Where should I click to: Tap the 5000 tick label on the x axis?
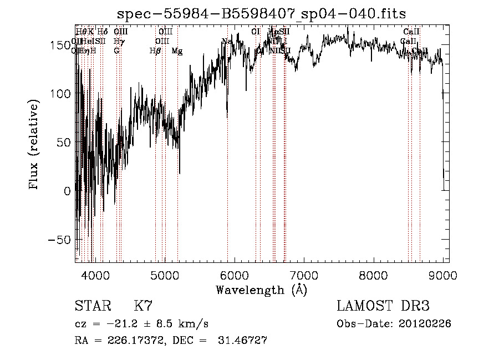click(165, 276)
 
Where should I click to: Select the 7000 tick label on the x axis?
click(304, 276)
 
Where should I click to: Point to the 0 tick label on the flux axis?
click(68, 191)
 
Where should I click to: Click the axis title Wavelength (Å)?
click(262, 290)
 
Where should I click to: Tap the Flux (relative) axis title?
click(34, 145)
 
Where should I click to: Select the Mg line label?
click(177, 51)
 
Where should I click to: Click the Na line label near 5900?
click(226, 41)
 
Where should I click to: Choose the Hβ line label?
click(155, 51)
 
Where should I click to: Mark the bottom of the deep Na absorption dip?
click(227, 117)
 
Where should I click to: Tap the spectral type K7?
click(143, 306)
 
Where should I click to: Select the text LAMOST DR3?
click(383, 306)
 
